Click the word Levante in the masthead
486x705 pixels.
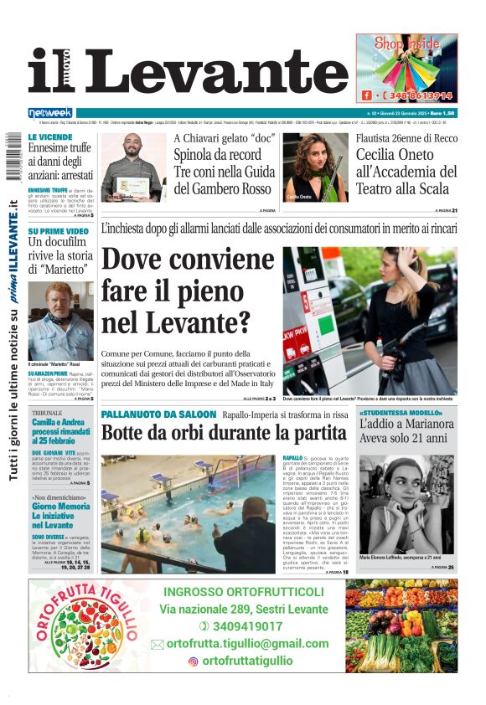pyautogui.click(x=217, y=71)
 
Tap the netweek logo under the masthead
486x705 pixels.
pyautogui.click(x=50, y=112)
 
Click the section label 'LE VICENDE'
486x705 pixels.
pyautogui.click(x=49, y=136)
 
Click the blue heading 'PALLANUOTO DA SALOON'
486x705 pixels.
pyautogui.click(x=158, y=414)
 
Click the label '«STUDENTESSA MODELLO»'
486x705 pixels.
pyautogui.click(x=401, y=414)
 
